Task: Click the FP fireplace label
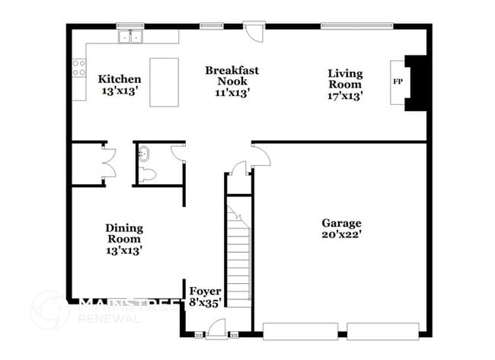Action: [397, 81]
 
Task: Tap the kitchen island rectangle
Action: [164, 82]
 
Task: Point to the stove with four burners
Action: [78, 68]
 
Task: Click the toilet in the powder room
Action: [148, 174]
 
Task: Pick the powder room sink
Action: [144, 153]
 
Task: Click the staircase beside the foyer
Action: [239, 251]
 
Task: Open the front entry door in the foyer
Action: [216, 328]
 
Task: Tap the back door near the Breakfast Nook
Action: [255, 33]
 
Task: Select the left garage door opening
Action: [300, 330]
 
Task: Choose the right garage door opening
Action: [383, 330]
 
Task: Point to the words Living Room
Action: [345, 78]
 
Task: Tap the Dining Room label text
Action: [123, 233]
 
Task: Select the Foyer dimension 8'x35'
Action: [206, 302]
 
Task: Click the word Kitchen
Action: [120, 78]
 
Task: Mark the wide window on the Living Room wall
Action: [356, 26]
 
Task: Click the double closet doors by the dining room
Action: [109, 162]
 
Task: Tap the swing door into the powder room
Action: [180, 152]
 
